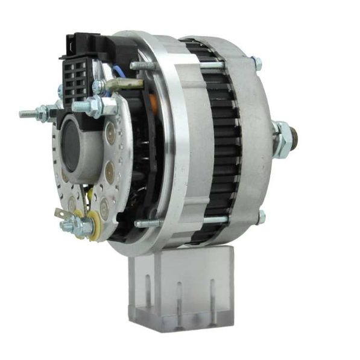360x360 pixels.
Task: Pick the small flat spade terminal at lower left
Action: pos(60,214)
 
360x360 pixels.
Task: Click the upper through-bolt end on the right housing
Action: pos(257,62)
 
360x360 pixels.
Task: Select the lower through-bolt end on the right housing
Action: pos(261,216)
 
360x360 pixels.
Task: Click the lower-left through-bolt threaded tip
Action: pos(140,224)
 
